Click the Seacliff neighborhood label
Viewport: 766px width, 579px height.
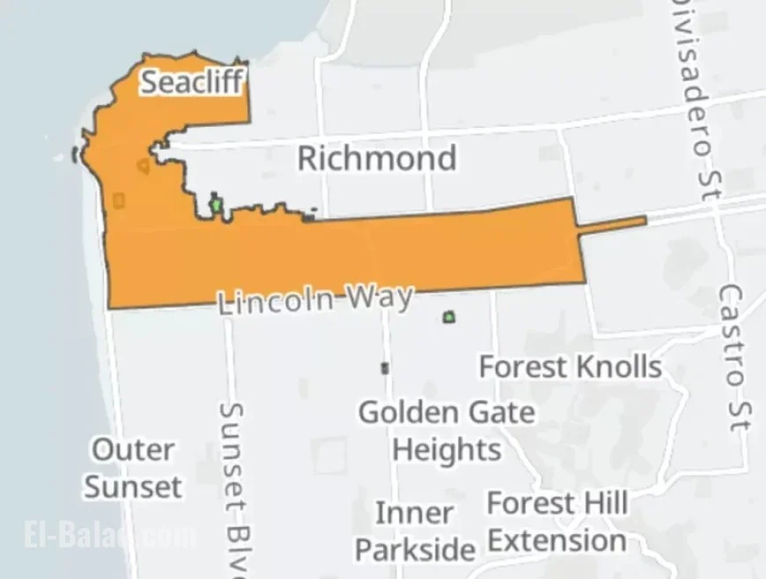click(x=191, y=82)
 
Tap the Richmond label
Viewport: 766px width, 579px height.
click(x=377, y=159)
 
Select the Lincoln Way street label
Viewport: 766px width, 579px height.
click(x=315, y=300)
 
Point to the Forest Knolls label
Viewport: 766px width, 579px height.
click(x=570, y=366)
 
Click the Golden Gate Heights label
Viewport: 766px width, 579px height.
click(x=446, y=430)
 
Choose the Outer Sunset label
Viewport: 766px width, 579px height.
click(x=134, y=468)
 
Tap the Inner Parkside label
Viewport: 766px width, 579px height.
click(x=415, y=531)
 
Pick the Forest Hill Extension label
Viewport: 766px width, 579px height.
click(x=557, y=522)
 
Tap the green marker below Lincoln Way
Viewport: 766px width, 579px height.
click(x=450, y=316)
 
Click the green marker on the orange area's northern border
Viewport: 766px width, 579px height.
click(x=216, y=205)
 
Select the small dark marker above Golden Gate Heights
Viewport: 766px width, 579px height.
click(x=385, y=367)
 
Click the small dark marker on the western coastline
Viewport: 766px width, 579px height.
click(x=75, y=155)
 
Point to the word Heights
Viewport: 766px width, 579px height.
click(x=446, y=449)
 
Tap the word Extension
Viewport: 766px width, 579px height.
click(x=557, y=540)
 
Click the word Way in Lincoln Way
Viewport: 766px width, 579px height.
click(x=379, y=297)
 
